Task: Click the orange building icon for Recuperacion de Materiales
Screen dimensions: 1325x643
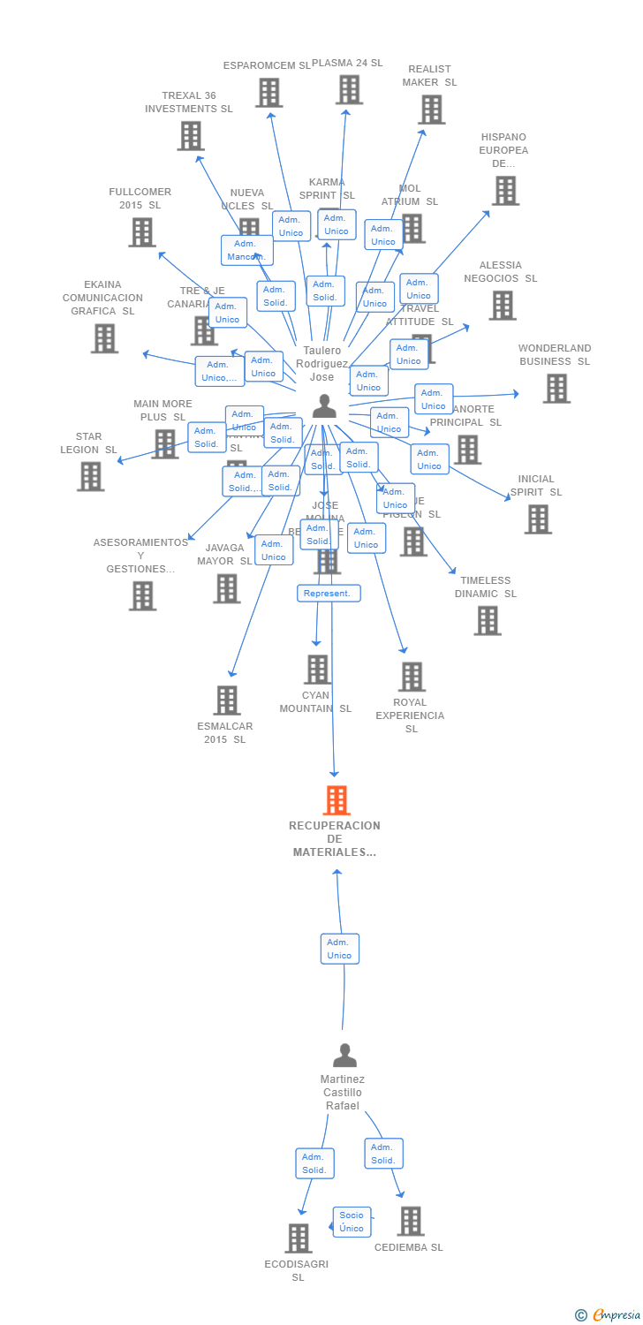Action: pyautogui.click(x=337, y=800)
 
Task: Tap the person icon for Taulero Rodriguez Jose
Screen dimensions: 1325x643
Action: pyautogui.click(x=324, y=406)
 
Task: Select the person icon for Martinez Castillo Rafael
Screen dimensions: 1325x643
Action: pyautogui.click(x=344, y=1056)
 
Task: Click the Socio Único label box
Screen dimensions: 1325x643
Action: pyautogui.click(x=352, y=1222)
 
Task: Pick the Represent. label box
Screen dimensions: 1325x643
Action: pyautogui.click(x=328, y=594)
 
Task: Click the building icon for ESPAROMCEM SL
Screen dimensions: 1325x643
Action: pyautogui.click(x=269, y=93)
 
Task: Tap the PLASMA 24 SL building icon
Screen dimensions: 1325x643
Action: pyautogui.click(x=349, y=89)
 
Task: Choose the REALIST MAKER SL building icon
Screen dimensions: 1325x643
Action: pyautogui.click(x=431, y=110)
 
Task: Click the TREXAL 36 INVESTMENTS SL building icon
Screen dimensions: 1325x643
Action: pyautogui.click(x=191, y=136)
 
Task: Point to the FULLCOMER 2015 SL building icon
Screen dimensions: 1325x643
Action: pyautogui.click(x=141, y=232)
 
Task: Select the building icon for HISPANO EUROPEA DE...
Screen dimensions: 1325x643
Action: pyautogui.click(x=505, y=190)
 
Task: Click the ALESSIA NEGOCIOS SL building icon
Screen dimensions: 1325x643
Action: pyautogui.click(x=503, y=306)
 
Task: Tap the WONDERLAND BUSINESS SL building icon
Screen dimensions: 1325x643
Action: pyautogui.click(x=556, y=389)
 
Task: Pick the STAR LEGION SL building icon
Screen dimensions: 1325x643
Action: pyautogui.click(x=90, y=477)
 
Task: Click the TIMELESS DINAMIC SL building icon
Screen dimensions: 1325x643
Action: pyautogui.click(x=487, y=621)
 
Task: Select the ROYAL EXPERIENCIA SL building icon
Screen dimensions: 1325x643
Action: pyautogui.click(x=412, y=677)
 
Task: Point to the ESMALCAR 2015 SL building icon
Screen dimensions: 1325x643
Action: pyautogui.click(x=227, y=700)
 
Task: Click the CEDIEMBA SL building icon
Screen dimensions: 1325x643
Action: pyautogui.click(x=411, y=1222)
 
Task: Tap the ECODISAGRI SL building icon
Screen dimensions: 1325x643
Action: pyautogui.click(x=299, y=1238)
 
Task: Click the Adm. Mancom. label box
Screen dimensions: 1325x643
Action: pyautogui.click(x=246, y=250)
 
